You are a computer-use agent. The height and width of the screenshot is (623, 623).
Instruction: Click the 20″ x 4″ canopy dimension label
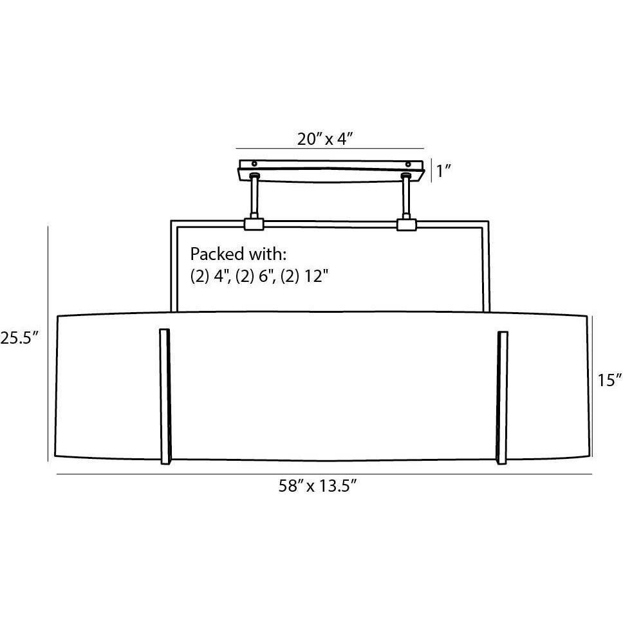pyautogui.click(x=325, y=139)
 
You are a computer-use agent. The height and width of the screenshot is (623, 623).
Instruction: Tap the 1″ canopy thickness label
pyautogui.click(x=444, y=171)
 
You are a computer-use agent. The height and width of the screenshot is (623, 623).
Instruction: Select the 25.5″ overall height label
pyautogui.click(x=19, y=339)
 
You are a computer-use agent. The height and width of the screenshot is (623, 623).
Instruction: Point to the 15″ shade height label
pyautogui.click(x=609, y=380)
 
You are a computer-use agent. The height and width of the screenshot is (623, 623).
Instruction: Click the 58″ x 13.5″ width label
pyautogui.click(x=317, y=485)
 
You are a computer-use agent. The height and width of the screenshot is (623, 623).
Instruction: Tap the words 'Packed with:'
pyautogui.click(x=238, y=254)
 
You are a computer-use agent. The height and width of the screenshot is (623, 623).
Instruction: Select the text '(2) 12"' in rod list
pyautogui.click(x=305, y=276)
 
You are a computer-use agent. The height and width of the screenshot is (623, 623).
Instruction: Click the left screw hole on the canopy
pyautogui.click(x=254, y=163)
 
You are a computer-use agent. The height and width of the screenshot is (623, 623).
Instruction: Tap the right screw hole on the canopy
pyautogui.click(x=408, y=164)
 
